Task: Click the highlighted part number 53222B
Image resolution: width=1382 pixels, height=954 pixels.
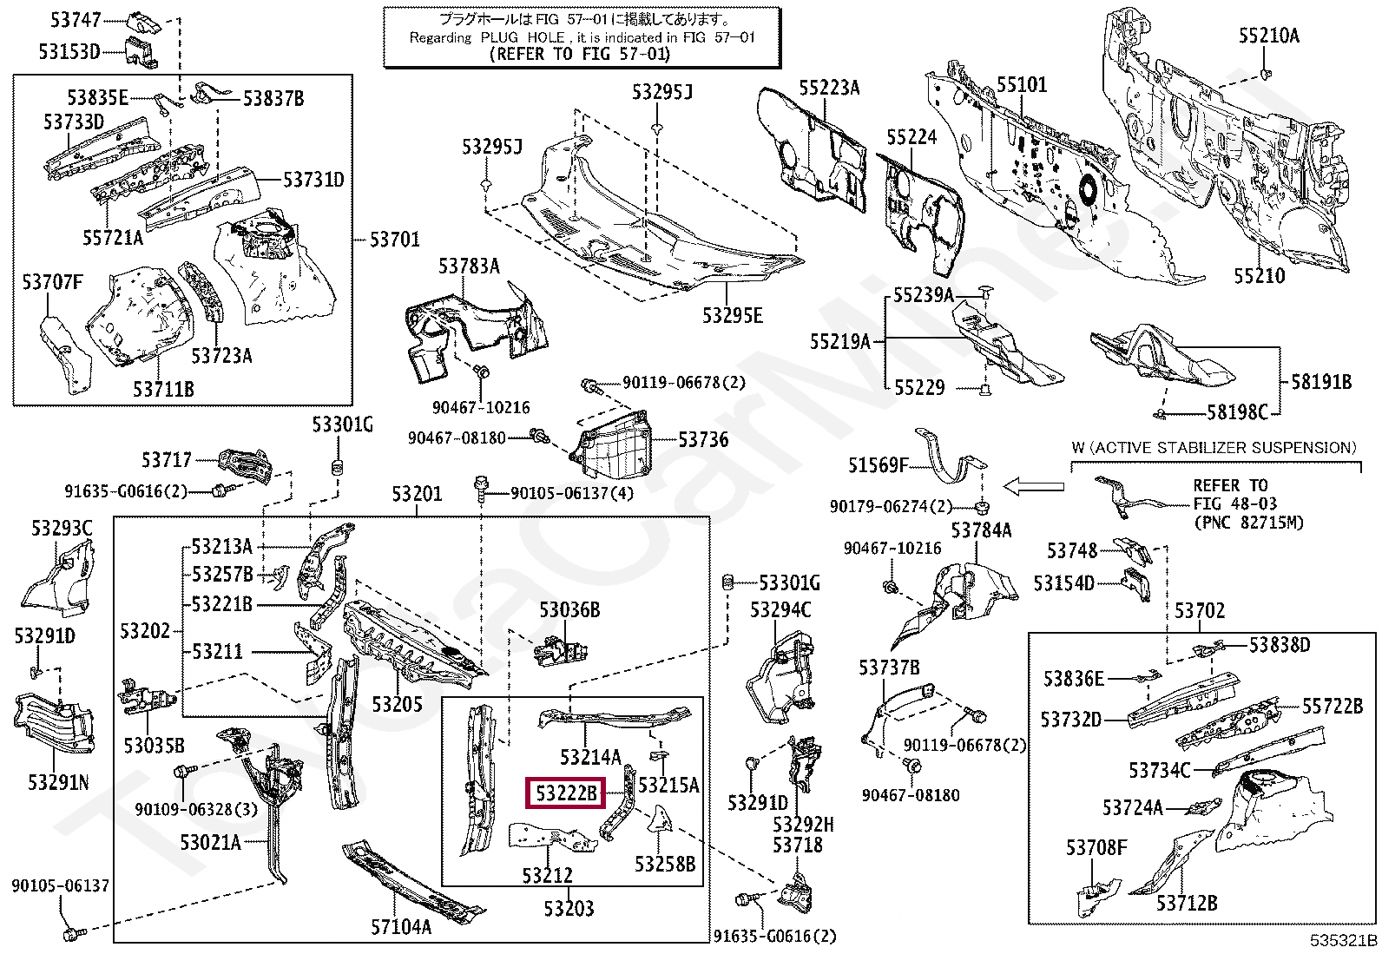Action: (x=566, y=793)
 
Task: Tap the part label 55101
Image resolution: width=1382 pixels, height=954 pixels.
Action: (x=1022, y=84)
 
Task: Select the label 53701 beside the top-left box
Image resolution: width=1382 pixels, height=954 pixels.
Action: (x=394, y=240)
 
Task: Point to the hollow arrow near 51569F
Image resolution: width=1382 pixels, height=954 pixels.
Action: (x=1033, y=487)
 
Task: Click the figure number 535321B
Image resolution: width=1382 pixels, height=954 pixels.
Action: (x=1344, y=940)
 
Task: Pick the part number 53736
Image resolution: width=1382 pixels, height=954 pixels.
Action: (x=703, y=440)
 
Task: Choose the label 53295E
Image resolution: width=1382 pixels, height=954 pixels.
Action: (x=733, y=316)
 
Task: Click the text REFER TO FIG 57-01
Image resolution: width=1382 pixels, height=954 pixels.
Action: (x=580, y=55)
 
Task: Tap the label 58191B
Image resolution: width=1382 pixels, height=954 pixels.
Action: (x=1321, y=382)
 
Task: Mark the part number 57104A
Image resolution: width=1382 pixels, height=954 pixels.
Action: (x=401, y=926)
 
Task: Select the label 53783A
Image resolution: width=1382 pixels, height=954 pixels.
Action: (x=469, y=266)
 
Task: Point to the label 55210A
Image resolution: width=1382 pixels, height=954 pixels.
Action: (x=1269, y=36)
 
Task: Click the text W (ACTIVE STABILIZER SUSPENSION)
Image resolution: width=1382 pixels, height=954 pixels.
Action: (x=1214, y=448)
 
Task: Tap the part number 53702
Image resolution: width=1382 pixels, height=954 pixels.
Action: (x=1200, y=610)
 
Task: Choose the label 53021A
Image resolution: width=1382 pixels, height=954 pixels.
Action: (x=210, y=842)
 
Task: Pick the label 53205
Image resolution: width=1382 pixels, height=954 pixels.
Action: (x=398, y=704)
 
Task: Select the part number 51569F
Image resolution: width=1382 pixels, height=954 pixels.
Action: (x=879, y=464)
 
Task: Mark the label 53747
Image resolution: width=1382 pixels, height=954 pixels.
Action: (x=76, y=20)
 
